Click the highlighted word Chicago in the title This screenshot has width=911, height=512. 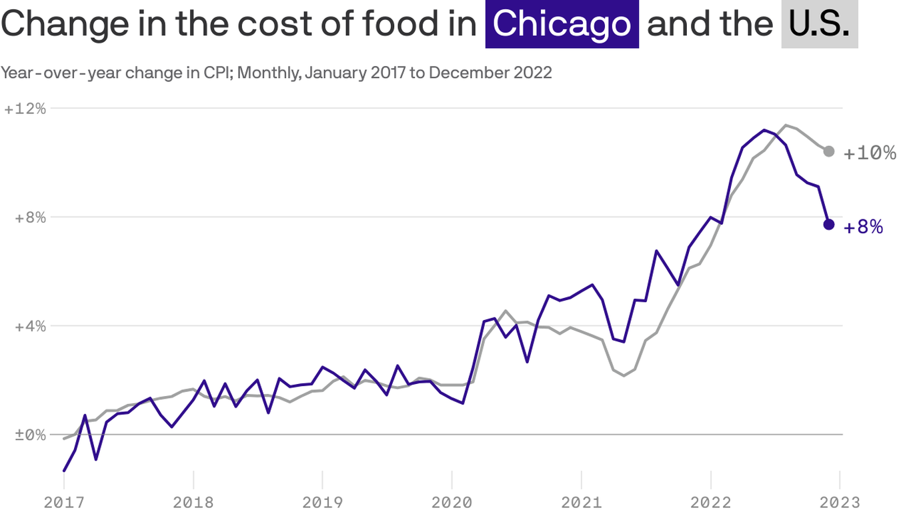coord(562,24)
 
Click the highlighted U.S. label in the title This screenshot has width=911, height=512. coord(819,24)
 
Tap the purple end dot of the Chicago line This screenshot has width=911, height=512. coord(828,224)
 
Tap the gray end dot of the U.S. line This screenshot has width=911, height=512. coord(828,151)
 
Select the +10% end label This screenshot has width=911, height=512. coord(870,153)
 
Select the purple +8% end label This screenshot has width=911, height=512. coord(864,227)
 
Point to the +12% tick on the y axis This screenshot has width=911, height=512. coord(25,109)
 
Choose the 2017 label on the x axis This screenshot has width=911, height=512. coord(64,502)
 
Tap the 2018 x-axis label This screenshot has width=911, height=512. coord(193,502)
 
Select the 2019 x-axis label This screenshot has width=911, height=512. coord(323,502)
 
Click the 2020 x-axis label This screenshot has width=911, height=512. coord(452,502)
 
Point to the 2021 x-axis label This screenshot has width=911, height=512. coord(582,502)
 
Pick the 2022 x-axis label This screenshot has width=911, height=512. coord(711,502)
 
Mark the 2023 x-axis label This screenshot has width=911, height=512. coord(840,502)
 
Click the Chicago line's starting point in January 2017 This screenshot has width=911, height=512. coord(64,471)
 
